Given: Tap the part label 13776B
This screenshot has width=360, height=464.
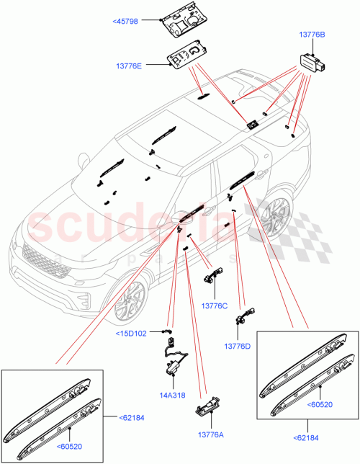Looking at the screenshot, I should [x=312, y=34].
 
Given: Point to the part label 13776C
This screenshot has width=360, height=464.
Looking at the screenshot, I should [x=214, y=305].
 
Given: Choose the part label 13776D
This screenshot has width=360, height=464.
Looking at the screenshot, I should [x=237, y=346].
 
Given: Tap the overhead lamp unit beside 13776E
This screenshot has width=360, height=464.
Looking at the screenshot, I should [x=190, y=57].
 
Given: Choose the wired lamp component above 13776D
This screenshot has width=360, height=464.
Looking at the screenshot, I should [x=251, y=315].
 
